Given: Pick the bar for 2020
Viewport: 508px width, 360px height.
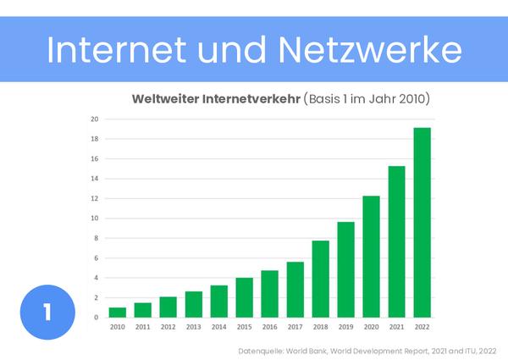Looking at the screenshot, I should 371,257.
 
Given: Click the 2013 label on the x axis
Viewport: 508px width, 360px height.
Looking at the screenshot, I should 193,325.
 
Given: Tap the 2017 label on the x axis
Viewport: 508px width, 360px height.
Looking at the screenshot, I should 295,325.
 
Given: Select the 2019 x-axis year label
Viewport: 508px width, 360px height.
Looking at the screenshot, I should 345,325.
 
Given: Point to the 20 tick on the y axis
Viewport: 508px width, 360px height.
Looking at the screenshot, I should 96,119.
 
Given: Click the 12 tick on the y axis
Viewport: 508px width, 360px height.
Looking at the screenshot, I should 96,198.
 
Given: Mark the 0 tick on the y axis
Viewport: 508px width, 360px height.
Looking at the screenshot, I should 97,318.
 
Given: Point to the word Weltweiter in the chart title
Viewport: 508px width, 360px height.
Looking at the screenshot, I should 164,98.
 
